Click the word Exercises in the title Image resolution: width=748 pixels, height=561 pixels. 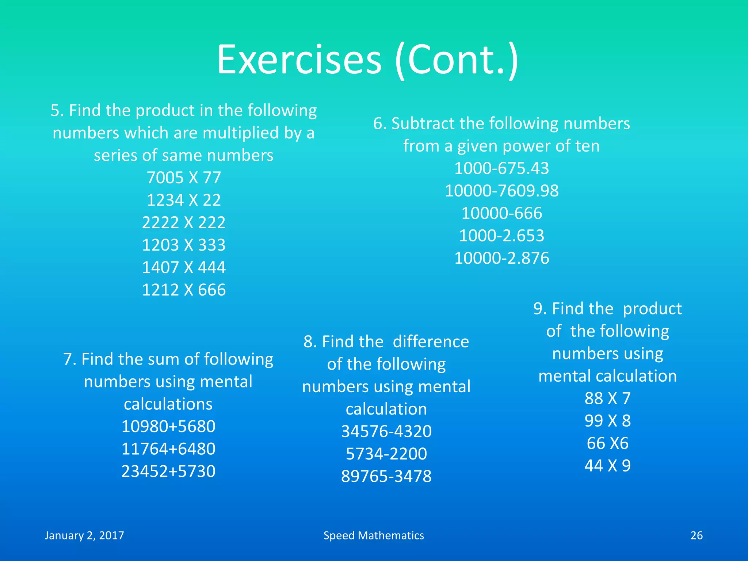tap(299, 60)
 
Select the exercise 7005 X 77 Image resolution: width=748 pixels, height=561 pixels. tap(184, 178)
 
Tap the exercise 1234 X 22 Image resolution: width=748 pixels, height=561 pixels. tap(184, 200)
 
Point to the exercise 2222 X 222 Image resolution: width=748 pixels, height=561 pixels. tap(184, 222)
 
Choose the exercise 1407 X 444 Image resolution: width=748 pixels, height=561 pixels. tap(184, 267)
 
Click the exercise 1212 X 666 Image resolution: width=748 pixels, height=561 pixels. tap(184, 290)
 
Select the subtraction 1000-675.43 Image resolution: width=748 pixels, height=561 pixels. tap(501, 168)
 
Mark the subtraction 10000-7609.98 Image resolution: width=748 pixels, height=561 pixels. tap(501, 191)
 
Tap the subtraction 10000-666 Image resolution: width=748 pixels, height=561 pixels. tap(501, 213)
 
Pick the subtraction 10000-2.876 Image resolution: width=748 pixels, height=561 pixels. tap(501, 258)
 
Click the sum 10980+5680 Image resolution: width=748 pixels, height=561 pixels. tap(168, 426)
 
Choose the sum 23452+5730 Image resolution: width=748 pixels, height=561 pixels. tap(168, 471)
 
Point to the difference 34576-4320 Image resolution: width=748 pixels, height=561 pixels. tap(386, 431)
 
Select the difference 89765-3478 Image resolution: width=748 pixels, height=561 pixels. tap(386, 476)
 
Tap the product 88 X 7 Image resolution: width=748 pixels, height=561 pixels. tap(607, 398)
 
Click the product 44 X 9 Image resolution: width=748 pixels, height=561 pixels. tap(607, 466)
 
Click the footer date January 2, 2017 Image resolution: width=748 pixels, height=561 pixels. tap(84, 535)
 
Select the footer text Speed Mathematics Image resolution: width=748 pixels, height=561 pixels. tap(374, 535)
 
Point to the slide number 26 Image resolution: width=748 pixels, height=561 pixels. tap(697, 535)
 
